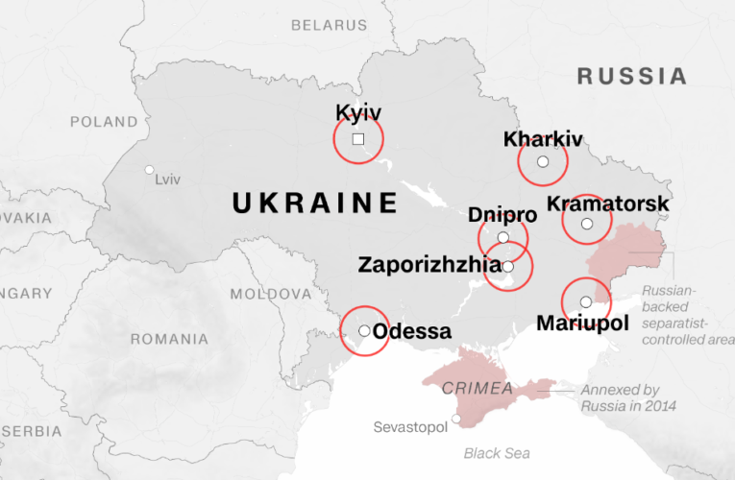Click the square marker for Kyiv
click(x=358, y=139)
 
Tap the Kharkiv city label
click(x=543, y=140)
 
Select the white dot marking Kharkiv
click(x=543, y=162)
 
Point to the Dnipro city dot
click(x=503, y=237)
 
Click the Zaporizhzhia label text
click(x=429, y=264)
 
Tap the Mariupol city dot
click(x=586, y=302)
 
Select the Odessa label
click(x=411, y=332)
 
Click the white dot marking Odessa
click(x=364, y=331)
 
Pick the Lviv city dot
click(x=149, y=170)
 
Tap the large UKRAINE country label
click(x=315, y=203)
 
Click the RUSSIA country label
click(x=631, y=76)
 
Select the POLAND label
click(x=105, y=122)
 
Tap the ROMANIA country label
click(x=169, y=339)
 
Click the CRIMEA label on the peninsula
click(x=478, y=388)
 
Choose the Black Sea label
click(x=496, y=453)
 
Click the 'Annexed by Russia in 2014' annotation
click(x=627, y=398)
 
